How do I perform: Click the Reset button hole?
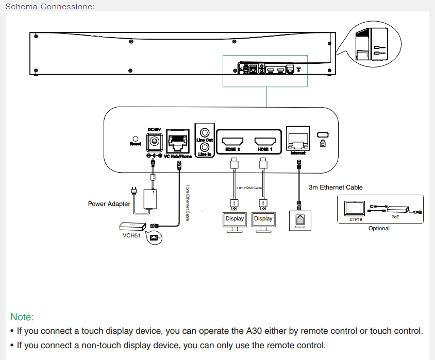136,139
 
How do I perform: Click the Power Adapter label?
109,204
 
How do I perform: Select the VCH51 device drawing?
130,226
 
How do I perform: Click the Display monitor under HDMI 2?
235,219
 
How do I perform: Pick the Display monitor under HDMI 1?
263,219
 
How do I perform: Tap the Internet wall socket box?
300,220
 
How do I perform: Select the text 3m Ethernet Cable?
336,187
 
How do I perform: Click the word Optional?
379,228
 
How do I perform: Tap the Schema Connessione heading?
49,6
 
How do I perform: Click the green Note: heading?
22,317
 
